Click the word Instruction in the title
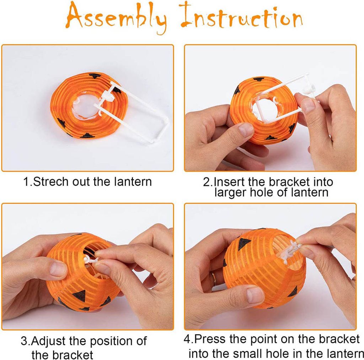coord(242,15)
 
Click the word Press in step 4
coord(210,339)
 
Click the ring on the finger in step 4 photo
coord(213,279)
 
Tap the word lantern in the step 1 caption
coord(133,181)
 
